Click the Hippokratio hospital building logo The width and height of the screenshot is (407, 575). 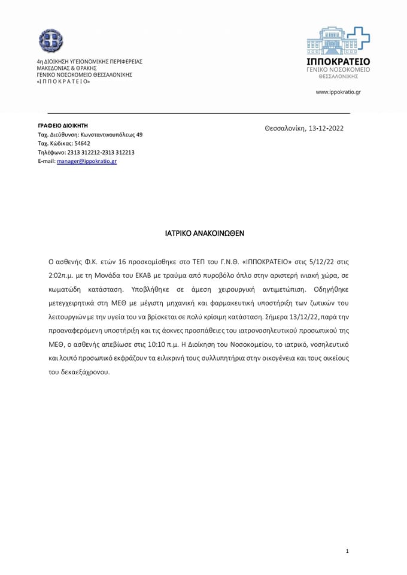pyautogui.click(x=338, y=40)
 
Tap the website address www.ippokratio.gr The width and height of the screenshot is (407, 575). pyautogui.click(x=338, y=92)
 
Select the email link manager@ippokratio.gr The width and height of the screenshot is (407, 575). pyautogui.click(x=87, y=161)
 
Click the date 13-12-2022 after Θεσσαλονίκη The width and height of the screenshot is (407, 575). pyautogui.click(x=326, y=128)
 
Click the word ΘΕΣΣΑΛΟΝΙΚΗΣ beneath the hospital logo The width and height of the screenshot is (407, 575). pyautogui.click(x=338, y=77)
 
